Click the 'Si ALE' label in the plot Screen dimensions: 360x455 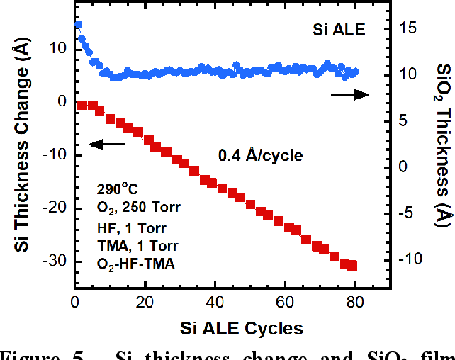(339, 30)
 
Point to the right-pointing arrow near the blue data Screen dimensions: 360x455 (349, 94)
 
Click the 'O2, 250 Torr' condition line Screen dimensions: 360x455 (139, 208)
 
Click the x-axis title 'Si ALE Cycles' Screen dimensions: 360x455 (232, 328)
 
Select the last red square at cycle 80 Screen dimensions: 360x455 (352, 266)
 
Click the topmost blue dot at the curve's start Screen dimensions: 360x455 (78, 24)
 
